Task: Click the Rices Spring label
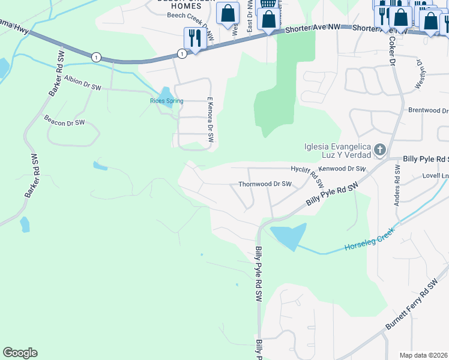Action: (x=166, y=101)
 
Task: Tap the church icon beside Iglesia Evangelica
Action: (x=379, y=149)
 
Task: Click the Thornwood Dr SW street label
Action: (x=265, y=185)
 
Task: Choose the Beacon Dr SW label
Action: (x=65, y=121)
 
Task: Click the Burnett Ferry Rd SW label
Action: (x=413, y=307)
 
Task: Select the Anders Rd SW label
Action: (x=397, y=186)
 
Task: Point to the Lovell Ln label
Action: (x=435, y=176)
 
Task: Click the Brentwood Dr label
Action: (x=428, y=111)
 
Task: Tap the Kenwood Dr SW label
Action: (x=342, y=169)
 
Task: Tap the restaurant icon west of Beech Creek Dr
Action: (x=194, y=38)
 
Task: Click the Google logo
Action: (x=20, y=353)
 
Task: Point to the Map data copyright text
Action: (x=423, y=355)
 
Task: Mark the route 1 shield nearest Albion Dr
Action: (x=96, y=57)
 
